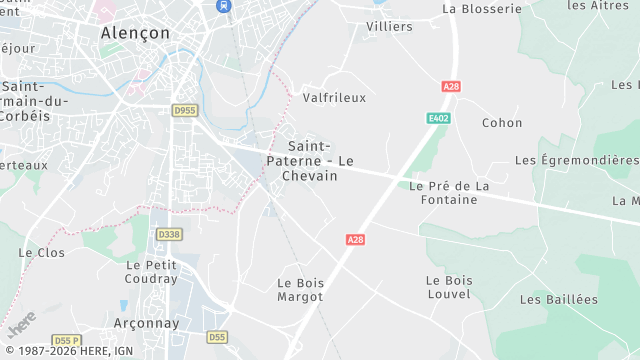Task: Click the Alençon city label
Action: point(135,32)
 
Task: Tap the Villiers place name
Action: point(389,26)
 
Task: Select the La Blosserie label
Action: point(482,9)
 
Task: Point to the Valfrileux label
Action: point(334,98)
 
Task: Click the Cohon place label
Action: point(502,123)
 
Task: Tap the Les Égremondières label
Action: point(576,160)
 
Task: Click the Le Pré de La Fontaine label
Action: point(449,192)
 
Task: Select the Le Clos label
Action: point(41,253)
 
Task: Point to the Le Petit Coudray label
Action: point(152,272)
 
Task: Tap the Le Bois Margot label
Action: point(299,290)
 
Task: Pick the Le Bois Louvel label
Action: point(448,287)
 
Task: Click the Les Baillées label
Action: point(559,299)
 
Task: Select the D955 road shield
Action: point(184,111)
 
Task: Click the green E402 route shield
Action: point(437,118)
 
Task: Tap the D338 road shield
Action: point(169,234)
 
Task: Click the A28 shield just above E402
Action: point(451,87)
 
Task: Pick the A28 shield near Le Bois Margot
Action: point(355,240)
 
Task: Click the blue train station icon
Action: point(222,5)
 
